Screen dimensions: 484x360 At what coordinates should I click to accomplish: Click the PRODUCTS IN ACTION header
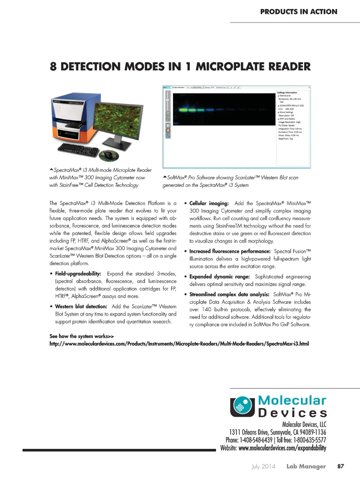[x=298, y=12]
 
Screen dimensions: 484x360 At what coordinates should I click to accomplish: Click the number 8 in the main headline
[x=53, y=67]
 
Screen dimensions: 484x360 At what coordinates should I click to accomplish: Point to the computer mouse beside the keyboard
[x=109, y=155]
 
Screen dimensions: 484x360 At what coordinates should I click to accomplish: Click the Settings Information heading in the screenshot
[x=287, y=92]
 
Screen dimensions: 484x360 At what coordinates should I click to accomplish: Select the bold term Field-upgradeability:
[x=78, y=274]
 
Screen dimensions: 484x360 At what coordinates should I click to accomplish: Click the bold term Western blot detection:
[x=81, y=307]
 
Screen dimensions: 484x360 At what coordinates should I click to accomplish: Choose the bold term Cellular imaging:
[x=209, y=203]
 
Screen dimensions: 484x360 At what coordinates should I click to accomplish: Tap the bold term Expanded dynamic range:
[x=219, y=277]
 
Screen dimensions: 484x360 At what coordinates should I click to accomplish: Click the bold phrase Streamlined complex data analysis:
[x=229, y=295]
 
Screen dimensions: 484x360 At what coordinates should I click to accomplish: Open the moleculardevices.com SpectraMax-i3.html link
[x=179, y=344]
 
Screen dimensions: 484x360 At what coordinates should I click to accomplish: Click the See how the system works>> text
[x=82, y=336]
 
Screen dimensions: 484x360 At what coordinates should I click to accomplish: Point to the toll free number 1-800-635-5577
[x=310, y=440]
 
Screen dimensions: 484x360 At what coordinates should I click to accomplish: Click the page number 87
[x=340, y=466]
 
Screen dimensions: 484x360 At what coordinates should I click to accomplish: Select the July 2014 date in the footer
[x=263, y=466]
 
